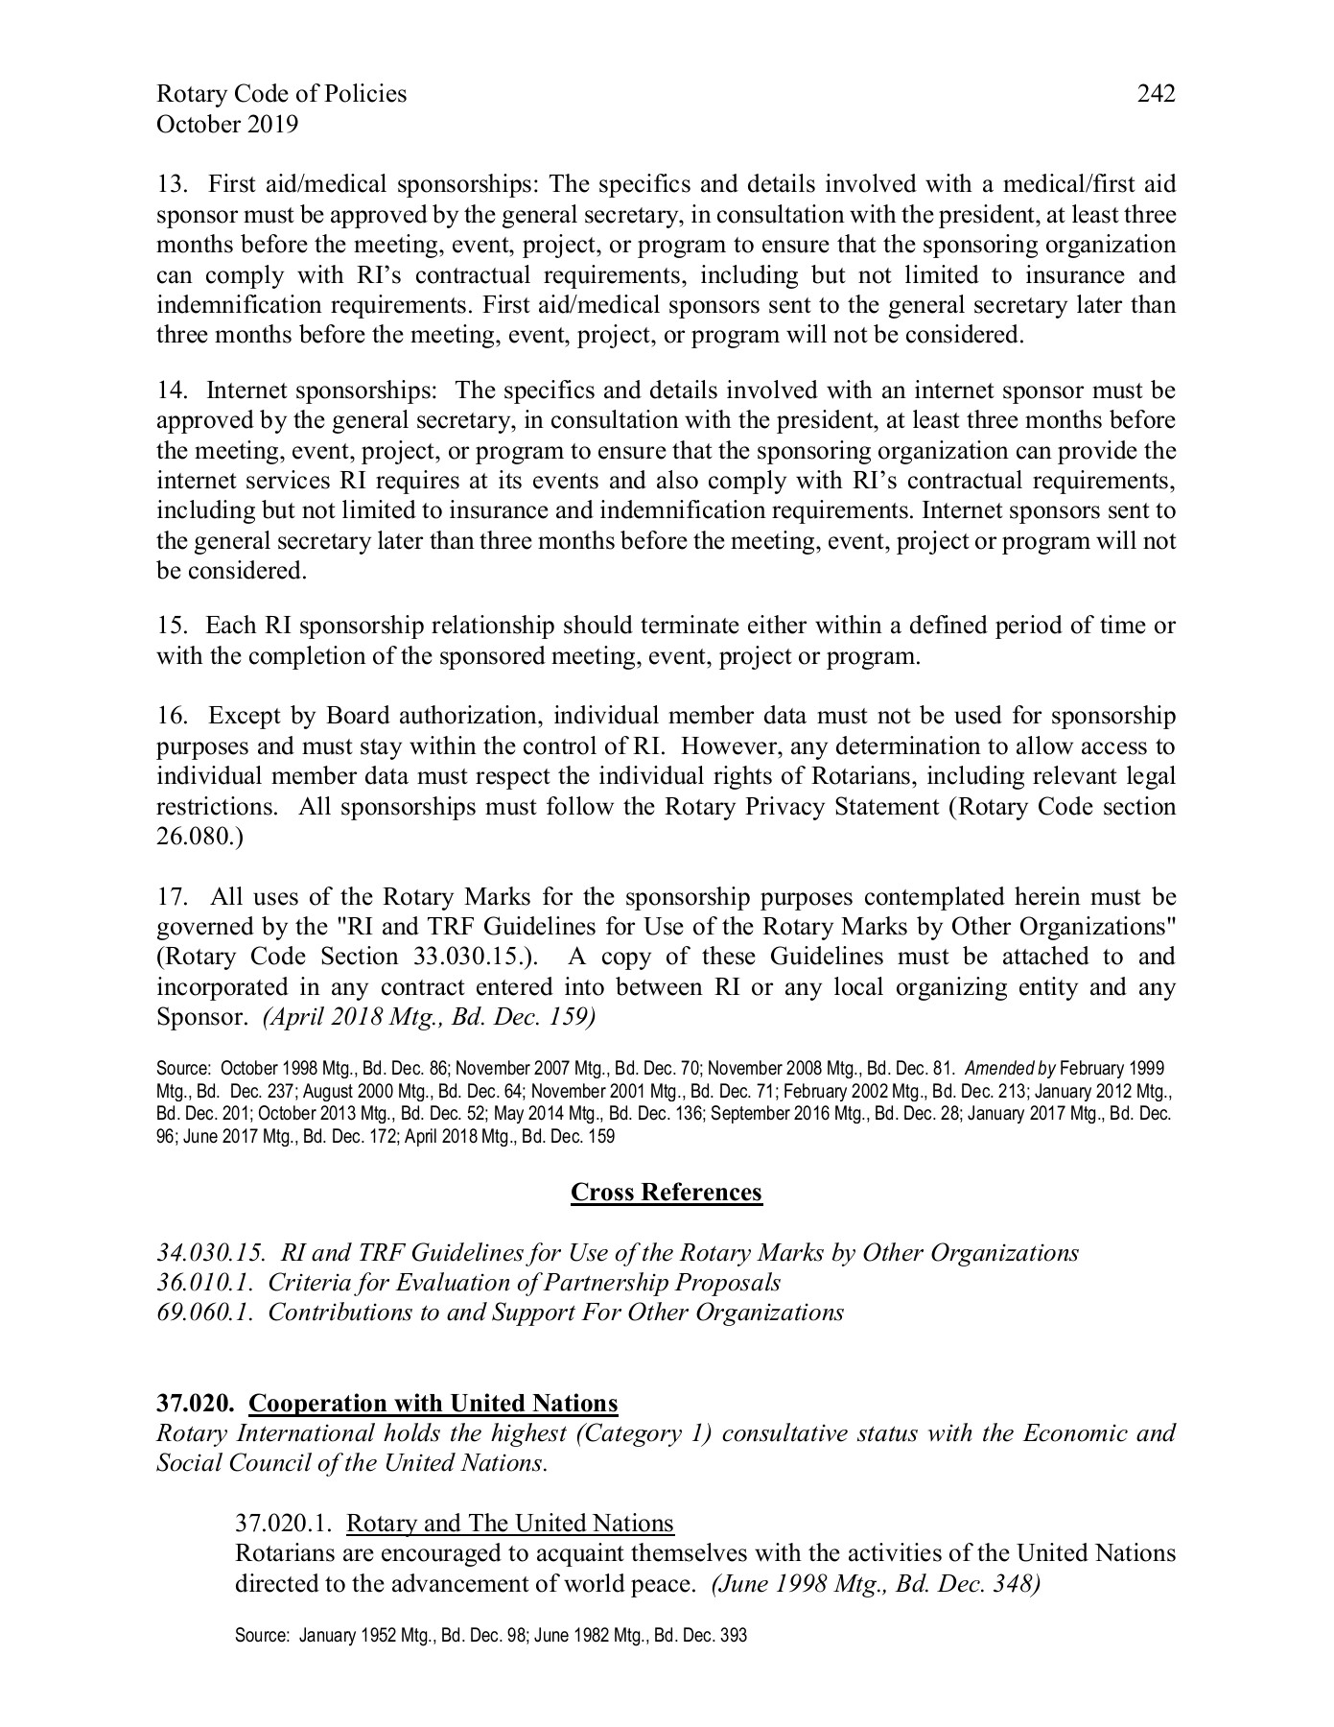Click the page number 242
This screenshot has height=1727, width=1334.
click(x=1156, y=93)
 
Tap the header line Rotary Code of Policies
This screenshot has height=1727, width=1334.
click(x=281, y=93)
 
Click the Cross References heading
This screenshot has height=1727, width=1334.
click(x=667, y=1192)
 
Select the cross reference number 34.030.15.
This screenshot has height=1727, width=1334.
click(x=211, y=1253)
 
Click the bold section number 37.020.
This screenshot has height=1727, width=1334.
click(x=196, y=1404)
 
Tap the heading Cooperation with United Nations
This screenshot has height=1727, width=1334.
click(x=433, y=1404)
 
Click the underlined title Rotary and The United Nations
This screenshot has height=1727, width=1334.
click(x=509, y=1524)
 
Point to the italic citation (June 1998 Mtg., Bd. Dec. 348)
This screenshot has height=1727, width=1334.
click(x=876, y=1584)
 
